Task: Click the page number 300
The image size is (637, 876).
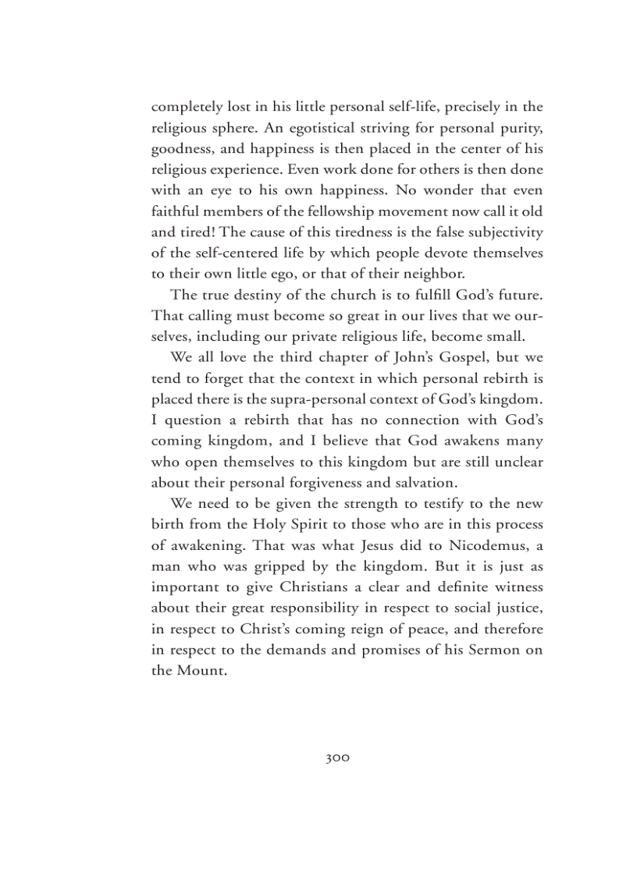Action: (337, 757)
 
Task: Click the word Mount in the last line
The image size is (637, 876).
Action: (202, 671)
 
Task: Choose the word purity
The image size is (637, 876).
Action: (521, 126)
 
